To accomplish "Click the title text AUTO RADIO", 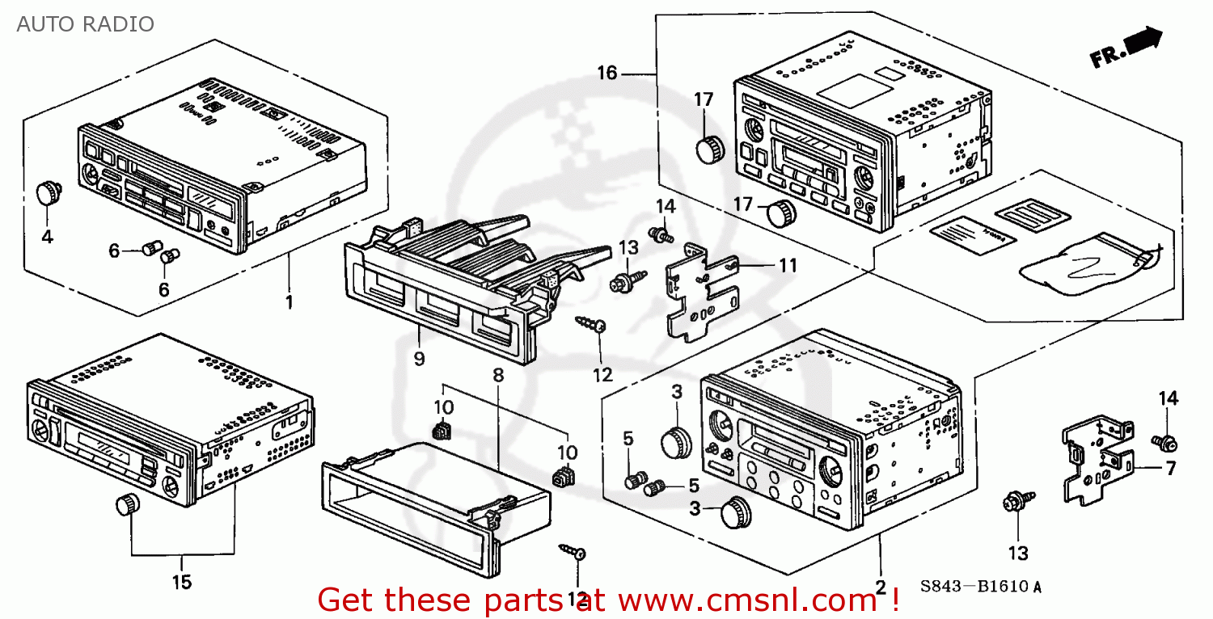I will pyautogui.click(x=85, y=24).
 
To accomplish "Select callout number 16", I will pyautogui.click(x=607, y=74).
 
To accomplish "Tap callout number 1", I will pyautogui.click(x=289, y=302).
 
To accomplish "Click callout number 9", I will pyautogui.click(x=419, y=359).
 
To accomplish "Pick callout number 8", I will pyautogui.click(x=498, y=375).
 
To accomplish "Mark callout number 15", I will pyautogui.click(x=182, y=582).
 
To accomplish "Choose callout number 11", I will pyautogui.click(x=788, y=265).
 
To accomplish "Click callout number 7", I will pyautogui.click(x=1171, y=468).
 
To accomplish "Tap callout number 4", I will pyautogui.click(x=47, y=237).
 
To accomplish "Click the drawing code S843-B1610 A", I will pyautogui.click(x=979, y=587).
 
